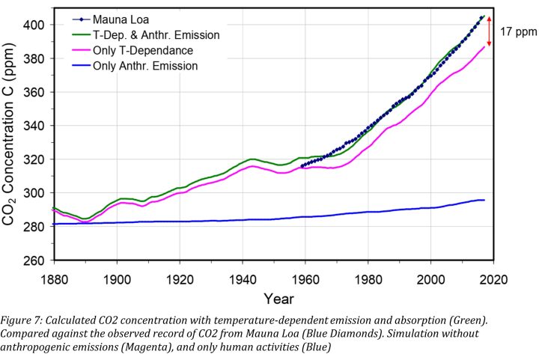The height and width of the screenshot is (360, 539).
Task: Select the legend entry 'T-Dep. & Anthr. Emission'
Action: click(x=156, y=35)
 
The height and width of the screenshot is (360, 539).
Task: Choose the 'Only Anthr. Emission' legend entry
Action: click(x=145, y=66)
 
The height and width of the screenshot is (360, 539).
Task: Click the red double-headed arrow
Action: click(x=489, y=31)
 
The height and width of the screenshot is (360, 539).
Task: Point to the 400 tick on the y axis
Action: click(x=37, y=25)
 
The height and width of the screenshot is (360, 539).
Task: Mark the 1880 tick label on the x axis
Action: click(x=54, y=278)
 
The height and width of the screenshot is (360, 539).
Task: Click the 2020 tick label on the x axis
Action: click(x=492, y=278)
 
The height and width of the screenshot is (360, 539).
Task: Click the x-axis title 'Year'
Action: click(x=273, y=299)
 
